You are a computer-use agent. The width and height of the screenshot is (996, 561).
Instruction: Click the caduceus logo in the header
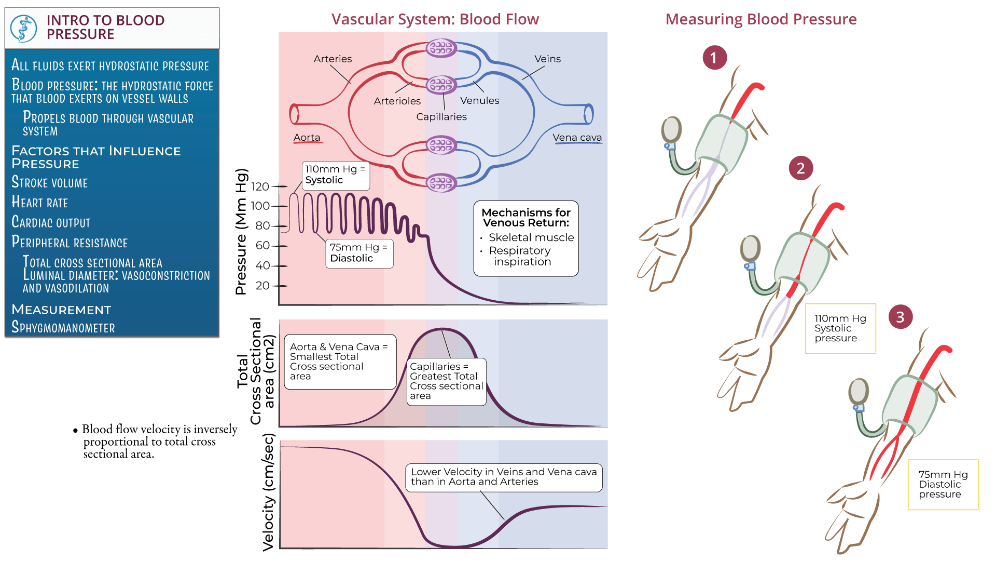23,28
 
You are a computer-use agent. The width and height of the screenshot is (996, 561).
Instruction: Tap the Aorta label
307,138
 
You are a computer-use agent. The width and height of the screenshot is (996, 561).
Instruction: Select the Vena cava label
577,138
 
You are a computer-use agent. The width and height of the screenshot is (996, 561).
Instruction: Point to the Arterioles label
397,101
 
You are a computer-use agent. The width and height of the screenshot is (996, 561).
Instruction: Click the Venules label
479,100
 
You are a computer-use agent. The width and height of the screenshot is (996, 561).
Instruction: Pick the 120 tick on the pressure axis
260,186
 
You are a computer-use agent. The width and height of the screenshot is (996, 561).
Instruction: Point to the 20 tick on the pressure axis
262,286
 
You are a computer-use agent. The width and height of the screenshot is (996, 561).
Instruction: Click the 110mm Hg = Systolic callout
335,175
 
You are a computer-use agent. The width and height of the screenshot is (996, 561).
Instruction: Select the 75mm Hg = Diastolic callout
359,253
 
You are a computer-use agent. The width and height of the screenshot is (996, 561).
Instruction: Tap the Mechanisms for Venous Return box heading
525,218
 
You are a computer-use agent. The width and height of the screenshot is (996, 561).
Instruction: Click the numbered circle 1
714,58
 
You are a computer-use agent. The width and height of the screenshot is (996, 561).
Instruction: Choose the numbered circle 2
800,168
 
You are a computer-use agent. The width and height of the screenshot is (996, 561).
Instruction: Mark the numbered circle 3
900,317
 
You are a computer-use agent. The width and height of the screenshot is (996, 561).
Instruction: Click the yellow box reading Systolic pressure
840,328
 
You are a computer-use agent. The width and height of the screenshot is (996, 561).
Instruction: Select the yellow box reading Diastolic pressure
943,484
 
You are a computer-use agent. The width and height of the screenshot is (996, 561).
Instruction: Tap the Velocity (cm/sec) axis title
268,492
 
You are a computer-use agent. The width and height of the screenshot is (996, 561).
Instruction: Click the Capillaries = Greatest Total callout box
446,381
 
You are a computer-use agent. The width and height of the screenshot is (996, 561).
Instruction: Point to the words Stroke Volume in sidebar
50,183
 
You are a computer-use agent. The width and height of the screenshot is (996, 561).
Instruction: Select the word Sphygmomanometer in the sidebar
63,327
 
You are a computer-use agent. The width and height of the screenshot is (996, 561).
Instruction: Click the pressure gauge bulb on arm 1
671,129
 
